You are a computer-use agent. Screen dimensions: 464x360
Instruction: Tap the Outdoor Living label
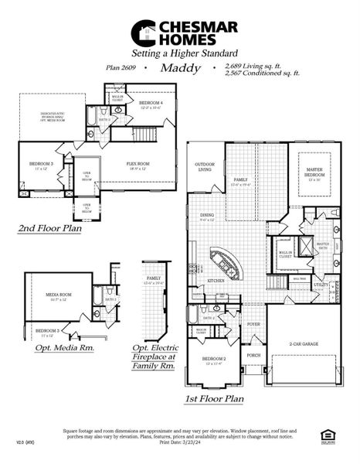pyautogui.click(x=204, y=166)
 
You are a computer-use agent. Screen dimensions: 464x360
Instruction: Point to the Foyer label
pyautogui.click(x=253, y=325)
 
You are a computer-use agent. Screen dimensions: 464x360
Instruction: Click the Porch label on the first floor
pyautogui.click(x=253, y=357)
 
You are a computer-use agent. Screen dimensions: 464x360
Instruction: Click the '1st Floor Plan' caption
pyautogui.click(x=214, y=399)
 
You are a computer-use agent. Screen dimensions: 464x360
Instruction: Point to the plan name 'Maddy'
pyautogui.click(x=180, y=68)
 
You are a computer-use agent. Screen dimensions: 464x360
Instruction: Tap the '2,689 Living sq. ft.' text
pyautogui.click(x=250, y=66)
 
